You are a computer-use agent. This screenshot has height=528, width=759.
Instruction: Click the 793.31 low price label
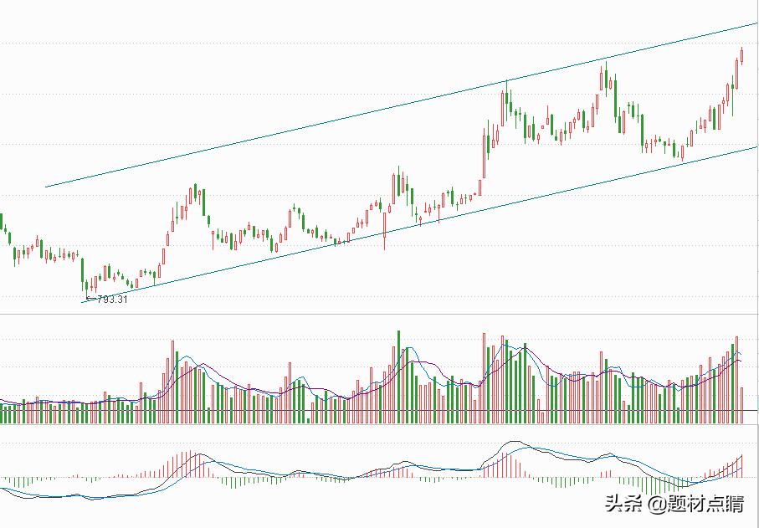112,299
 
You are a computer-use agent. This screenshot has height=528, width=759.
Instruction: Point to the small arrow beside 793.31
90,298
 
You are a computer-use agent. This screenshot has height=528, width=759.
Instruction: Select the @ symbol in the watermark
655,504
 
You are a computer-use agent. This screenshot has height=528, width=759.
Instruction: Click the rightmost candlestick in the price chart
741,56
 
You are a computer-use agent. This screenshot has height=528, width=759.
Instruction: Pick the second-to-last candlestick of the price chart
736,74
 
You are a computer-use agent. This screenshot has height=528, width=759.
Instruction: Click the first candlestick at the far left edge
2,221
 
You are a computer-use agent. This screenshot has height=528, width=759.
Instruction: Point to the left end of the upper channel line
46,187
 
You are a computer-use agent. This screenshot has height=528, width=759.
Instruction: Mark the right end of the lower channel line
756,147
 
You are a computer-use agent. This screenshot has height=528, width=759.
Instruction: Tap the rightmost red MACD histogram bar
742,465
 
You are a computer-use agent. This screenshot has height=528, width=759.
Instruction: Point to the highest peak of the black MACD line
511,443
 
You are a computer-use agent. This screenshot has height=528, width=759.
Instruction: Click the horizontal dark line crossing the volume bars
377,410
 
